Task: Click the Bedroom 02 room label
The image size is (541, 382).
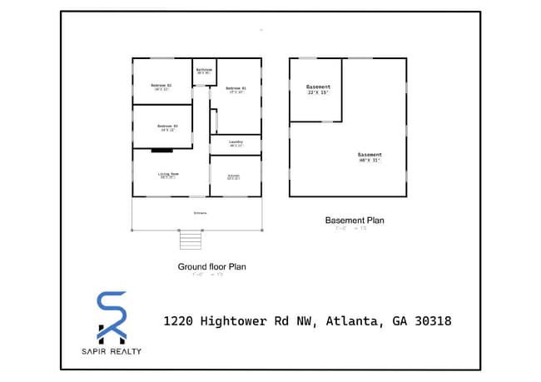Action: click(x=161, y=87)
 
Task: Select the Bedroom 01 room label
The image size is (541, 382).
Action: click(x=235, y=89)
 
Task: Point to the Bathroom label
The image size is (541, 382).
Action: click(x=204, y=71)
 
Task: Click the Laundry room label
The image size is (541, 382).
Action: click(x=236, y=143)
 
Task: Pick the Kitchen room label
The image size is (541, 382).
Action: click(x=234, y=176)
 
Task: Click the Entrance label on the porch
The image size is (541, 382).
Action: click(x=200, y=213)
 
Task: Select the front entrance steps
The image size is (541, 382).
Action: click(x=191, y=240)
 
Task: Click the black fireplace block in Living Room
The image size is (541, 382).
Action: click(x=161, y=151)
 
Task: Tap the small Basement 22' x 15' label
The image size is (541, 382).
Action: click(x=318, y=89)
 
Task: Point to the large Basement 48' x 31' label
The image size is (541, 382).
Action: click(x=369, y=156)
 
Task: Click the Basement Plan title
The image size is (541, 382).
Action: click(x=354, y=221)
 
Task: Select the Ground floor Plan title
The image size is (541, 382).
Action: click(x=211, y=267)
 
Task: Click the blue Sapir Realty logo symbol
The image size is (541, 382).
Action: click(x=112, y=316)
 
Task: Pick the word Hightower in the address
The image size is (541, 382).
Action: click(x=241, y=320)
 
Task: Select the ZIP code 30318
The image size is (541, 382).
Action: click(x=429, y=320)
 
